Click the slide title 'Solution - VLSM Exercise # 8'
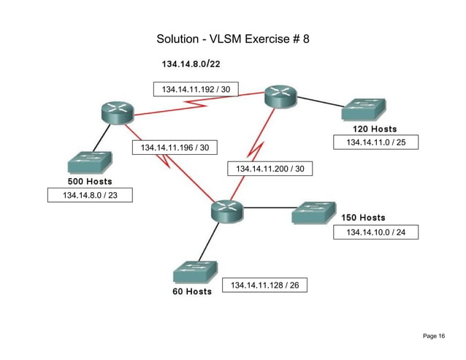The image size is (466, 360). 233,38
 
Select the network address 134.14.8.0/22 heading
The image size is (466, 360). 191,64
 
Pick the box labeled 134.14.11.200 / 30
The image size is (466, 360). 270,169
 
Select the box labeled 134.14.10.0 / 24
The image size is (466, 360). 375,232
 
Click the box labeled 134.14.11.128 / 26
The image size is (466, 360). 264,284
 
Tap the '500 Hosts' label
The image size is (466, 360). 80,180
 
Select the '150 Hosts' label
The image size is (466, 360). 363,218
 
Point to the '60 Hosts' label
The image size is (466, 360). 192,291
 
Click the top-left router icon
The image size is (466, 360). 117,112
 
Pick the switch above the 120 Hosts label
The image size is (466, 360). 364,110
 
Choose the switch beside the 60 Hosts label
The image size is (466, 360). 195,272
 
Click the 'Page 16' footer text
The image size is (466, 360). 433,335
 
